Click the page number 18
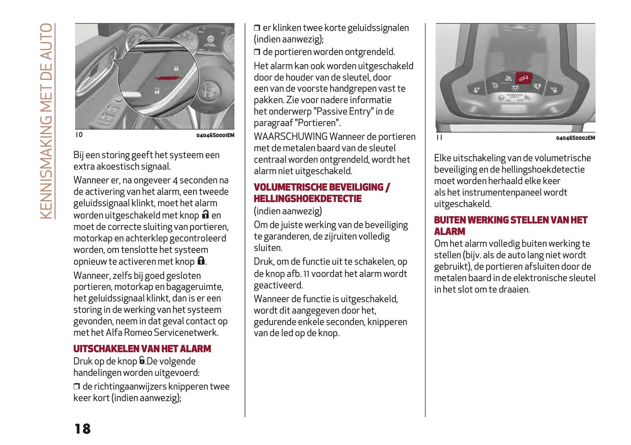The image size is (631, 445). [x=83, y=428]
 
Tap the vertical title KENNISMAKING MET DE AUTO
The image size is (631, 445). [x=46, y=121]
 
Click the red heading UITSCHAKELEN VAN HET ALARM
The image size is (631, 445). [x=142, y=349]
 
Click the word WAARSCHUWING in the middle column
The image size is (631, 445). [x=290, y=137]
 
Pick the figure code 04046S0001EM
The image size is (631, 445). [x=215, y=136]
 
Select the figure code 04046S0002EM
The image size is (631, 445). [x=575, y=138]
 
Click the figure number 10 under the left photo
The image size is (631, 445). [x=79, y=135]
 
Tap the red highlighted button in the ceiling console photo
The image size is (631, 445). [x=523, y=78]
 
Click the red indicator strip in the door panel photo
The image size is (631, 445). [x=169, y=77]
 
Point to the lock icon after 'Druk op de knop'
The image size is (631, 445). [x=142, y=361]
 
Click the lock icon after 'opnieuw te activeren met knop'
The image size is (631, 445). [x=201, y=261]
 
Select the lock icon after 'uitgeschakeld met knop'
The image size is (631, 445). [x=205, y=215]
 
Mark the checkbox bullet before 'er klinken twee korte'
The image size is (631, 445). [x=257, y=28]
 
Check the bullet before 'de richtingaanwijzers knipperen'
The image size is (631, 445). [x=77, y=386]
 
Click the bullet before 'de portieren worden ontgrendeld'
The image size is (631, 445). [x=257, y=52]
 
